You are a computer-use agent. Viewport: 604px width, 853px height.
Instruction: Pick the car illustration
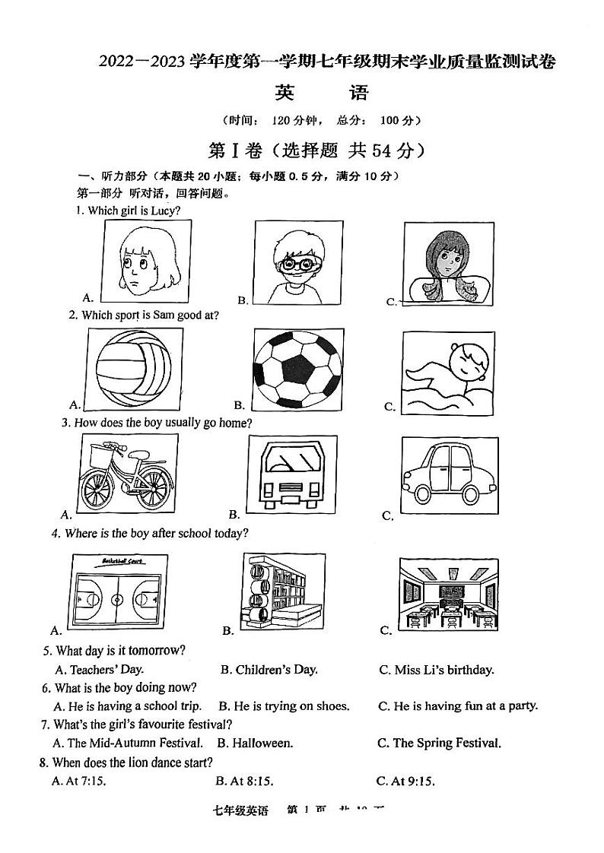click(449, 474)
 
